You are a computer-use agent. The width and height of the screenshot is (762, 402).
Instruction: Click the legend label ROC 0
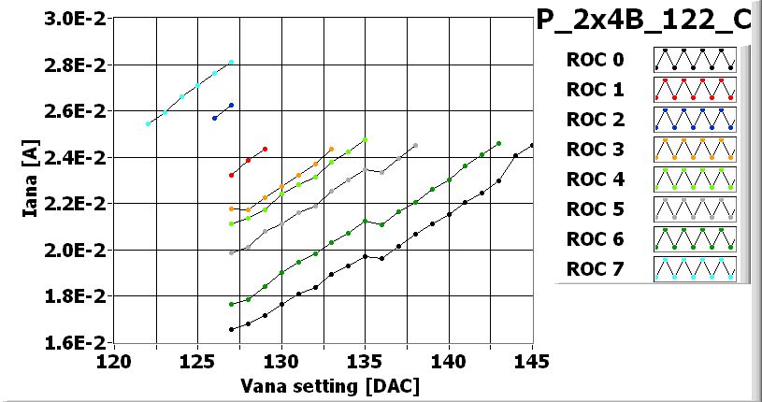(594, 60)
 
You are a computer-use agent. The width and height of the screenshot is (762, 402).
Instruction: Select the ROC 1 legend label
(594, 90)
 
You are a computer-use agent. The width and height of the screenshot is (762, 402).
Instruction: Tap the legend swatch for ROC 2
(695, 120)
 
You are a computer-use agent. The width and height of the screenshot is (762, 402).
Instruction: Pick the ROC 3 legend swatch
(695, 150)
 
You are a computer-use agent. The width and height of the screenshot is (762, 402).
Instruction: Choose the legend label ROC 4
(594, 179)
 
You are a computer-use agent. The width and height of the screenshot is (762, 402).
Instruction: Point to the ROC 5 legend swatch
(695, 209)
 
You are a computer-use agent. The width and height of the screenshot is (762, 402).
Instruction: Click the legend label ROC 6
(594, 239)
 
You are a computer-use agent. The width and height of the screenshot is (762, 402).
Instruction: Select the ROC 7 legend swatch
(695, 269)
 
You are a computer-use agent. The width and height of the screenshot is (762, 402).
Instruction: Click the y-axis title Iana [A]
(30, 180)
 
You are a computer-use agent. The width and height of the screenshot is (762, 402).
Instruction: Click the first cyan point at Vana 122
(148, 123)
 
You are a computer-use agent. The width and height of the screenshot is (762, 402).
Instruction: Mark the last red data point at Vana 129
(265, 149)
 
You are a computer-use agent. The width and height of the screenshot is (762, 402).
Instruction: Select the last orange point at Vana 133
(331, 149)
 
